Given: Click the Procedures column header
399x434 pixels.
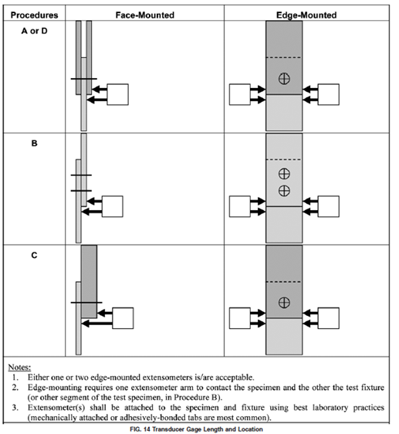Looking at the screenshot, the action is point(34,15).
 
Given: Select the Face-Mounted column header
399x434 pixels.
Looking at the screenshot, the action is point(145,15).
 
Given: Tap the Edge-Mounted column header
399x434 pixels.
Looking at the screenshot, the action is point(306,15).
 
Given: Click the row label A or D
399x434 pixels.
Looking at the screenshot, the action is point(34,31).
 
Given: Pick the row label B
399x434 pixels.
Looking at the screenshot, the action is point(34,144).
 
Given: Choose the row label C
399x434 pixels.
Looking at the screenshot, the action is point(34,255).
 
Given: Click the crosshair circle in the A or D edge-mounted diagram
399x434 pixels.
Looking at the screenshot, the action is point(284,79).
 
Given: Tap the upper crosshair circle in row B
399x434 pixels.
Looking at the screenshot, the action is point(284,174).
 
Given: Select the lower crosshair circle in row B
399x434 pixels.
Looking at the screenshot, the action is point(284,191).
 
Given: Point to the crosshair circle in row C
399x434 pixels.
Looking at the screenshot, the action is point(284,302).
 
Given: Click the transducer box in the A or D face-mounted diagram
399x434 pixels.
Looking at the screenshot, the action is point(117,94).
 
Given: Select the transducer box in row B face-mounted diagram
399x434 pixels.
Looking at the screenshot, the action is point(113,206).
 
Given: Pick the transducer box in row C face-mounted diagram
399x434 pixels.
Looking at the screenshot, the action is point(123,318).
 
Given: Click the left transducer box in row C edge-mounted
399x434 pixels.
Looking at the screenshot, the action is point(240,318).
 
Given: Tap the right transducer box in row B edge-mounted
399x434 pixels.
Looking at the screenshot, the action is point(329,206).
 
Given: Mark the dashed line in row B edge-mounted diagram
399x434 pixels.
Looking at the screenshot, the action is point(284,160).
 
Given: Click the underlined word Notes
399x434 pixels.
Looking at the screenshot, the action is point(19,368).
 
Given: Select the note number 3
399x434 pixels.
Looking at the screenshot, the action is point(15,408).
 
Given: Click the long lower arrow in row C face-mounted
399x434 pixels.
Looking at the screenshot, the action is point(96,324).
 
